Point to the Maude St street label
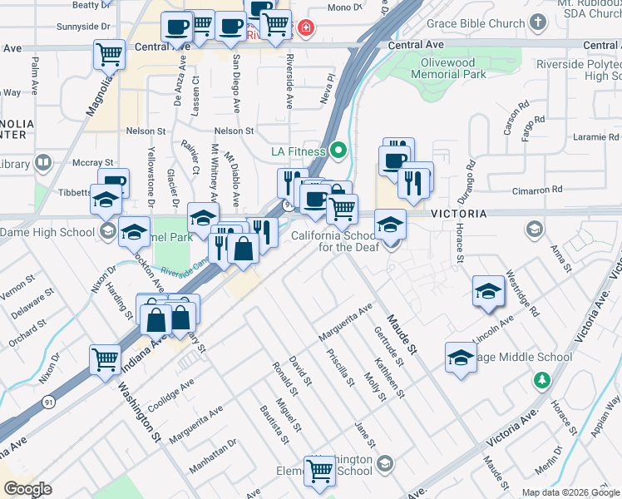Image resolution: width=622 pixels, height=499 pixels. tap(400, 332)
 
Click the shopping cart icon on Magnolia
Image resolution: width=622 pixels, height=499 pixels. tap(110, 55)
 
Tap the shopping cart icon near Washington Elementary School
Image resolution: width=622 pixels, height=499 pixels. tap(319, 471)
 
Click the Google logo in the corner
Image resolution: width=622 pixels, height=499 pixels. tap(27, 489)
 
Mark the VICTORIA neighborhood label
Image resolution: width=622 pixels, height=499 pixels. tap(458, 214)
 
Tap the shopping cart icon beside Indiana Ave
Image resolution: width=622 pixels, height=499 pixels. tap(106, 360)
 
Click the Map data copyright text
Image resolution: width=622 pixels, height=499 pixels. tap(570, 492)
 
